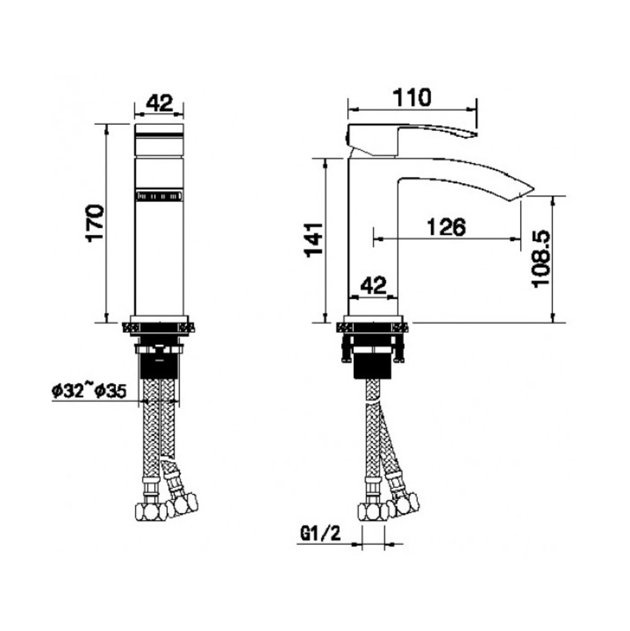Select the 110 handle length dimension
(x=411, y=98)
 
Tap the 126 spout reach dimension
(x=446, y=227)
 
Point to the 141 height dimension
(x=314, y=239)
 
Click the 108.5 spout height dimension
(x=541, y=258)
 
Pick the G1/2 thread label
(x=321, y=533)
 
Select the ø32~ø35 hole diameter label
(x=89, y=391)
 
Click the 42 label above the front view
(x=160, y=103)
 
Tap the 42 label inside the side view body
(x=373, y=285)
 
